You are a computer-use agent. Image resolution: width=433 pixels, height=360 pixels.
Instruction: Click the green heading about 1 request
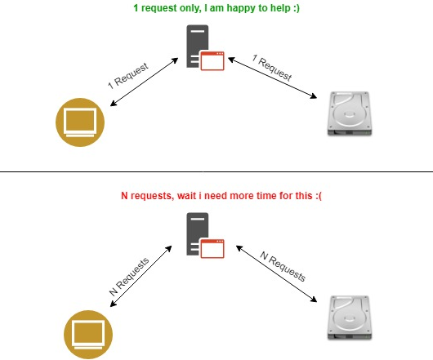(x=216, y=8)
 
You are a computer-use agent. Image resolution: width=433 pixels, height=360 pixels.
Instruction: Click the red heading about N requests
(x=221, y=196)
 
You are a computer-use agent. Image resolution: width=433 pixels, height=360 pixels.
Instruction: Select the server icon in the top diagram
(x=205, y=47)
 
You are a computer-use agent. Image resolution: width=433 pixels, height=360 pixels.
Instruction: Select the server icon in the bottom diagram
(x=205, y=235)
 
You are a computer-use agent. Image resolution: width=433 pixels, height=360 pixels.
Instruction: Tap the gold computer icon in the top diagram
(x=80, y=122)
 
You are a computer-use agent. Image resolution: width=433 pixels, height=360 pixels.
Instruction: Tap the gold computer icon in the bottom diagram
(x=88, y=335)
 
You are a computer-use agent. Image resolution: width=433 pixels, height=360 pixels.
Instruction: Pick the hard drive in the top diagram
(x=350, y=113)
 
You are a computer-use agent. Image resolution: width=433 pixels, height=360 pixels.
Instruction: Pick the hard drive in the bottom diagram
(x=350, y=318)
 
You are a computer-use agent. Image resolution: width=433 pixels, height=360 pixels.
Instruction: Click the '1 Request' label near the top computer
(x=128, y=76)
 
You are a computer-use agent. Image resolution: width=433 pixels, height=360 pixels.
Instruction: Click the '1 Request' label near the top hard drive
(x=272, y=68)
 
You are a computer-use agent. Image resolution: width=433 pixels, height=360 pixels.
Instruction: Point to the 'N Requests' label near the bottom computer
(x=129, y=277)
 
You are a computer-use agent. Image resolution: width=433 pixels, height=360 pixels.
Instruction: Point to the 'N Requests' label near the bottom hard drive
(x=283, y=266)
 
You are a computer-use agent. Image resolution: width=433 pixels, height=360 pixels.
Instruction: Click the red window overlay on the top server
(x=212, y=60)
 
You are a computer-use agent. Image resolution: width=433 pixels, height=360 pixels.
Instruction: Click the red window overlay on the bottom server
(x=212, y=248)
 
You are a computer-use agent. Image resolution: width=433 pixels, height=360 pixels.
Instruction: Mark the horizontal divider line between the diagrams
(x=216, y=171)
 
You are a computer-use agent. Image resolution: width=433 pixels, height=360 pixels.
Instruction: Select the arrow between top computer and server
(x=144, y=82)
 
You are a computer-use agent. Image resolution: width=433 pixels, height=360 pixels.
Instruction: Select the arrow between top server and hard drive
(x=273, y=78)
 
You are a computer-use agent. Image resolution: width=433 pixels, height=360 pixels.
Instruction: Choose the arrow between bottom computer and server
(x=141, y=276)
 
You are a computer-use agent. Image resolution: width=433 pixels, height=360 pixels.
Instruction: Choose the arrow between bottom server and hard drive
(x=276, y=273)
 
